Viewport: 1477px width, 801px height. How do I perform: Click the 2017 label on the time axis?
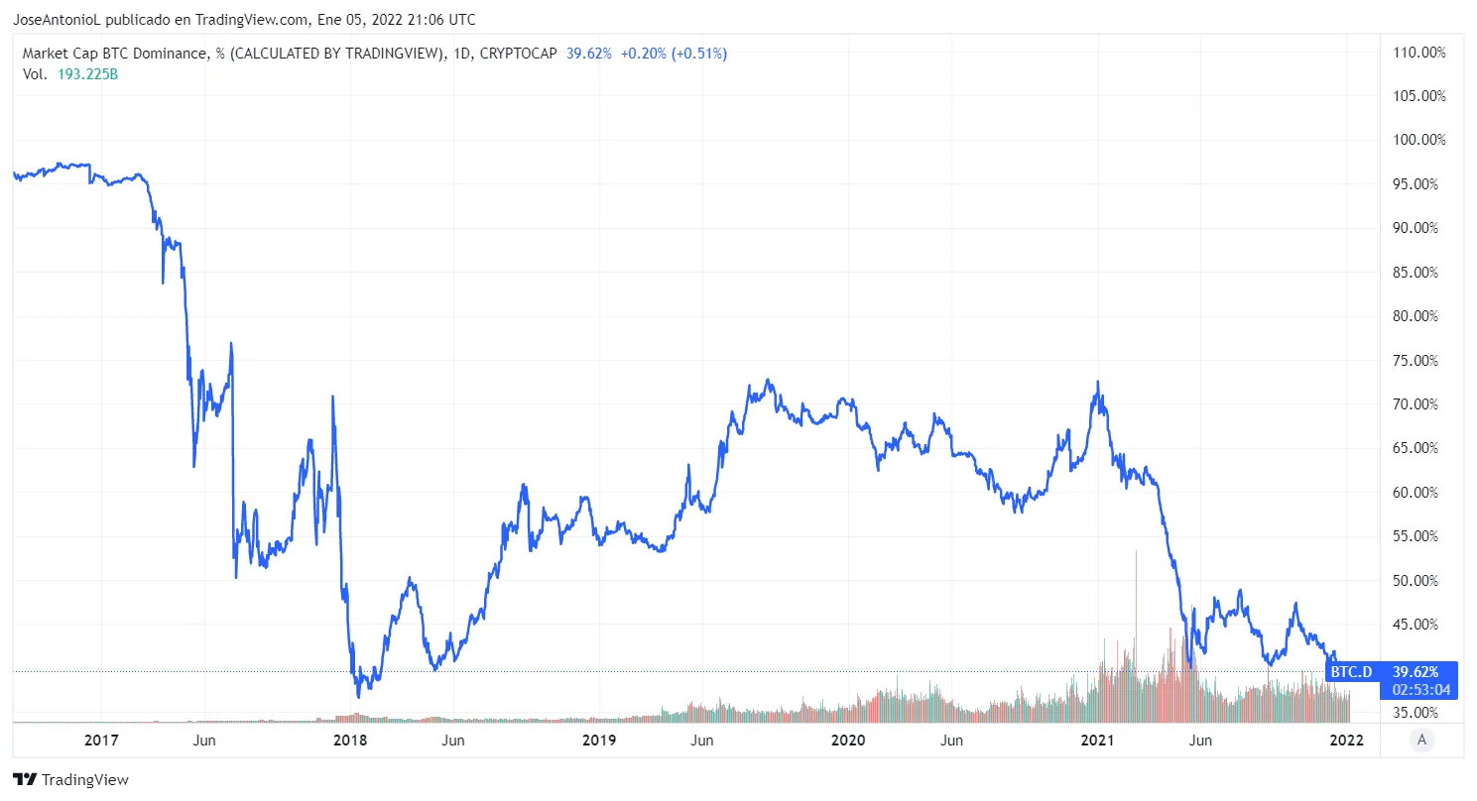coord(101,741)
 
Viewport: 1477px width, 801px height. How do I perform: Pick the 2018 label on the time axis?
coord(350,741)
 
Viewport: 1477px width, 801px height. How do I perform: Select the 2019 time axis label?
coord(599,741)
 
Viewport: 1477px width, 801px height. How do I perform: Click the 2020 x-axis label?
coord(848,741)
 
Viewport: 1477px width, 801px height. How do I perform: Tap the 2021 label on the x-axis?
coord(1098,741)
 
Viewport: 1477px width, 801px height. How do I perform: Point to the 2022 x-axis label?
coord(1346,741)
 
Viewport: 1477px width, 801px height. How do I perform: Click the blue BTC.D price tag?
coord(1351,672)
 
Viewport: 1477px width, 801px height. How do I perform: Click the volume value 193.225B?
coord(88,74)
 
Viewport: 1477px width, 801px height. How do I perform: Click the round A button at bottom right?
coord(1422,739)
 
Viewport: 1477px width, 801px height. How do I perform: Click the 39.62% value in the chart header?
coord(588,54)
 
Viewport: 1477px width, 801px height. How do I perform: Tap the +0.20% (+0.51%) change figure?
coord(674,54)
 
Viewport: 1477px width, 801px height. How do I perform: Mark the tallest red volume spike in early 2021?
coord(1135,634)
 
